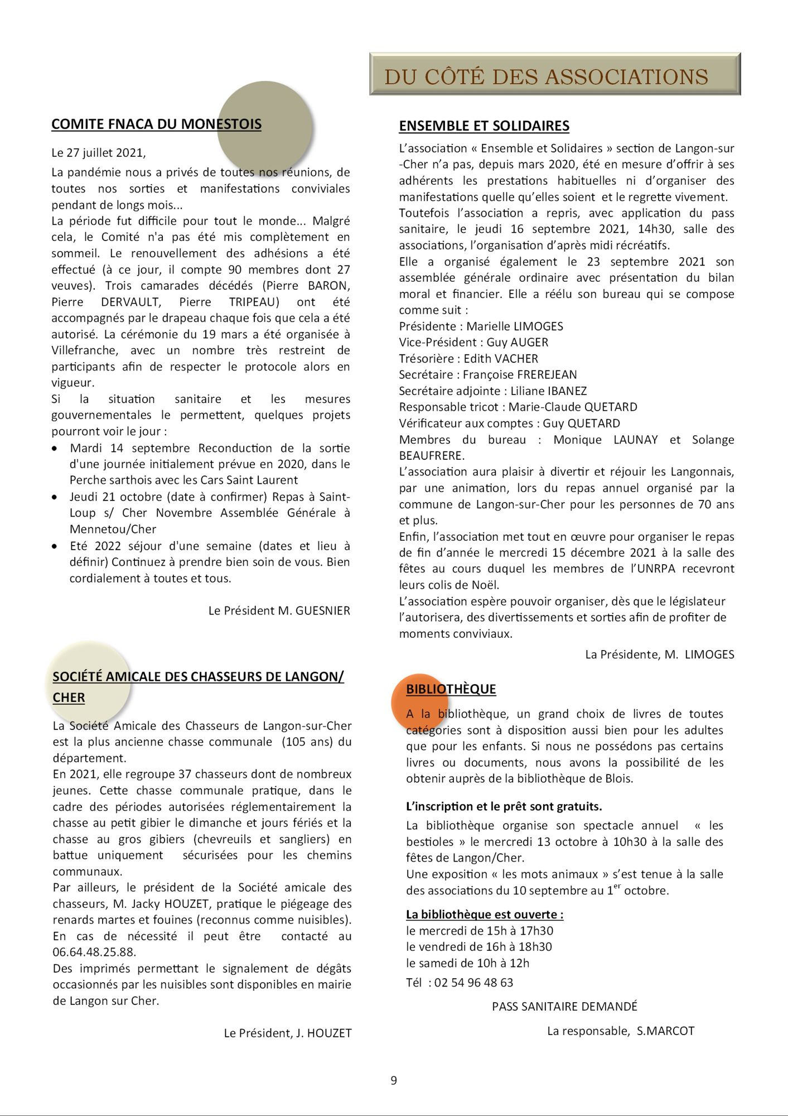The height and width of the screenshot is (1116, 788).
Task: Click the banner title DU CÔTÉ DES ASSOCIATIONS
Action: coord(546,76)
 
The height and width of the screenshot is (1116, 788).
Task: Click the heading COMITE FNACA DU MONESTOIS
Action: coord(156,124)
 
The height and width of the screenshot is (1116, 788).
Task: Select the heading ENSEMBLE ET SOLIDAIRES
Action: coord(484,126)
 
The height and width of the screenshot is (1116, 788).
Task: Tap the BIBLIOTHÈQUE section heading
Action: coord(451,689)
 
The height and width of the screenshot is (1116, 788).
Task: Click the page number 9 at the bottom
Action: coord(394,1081)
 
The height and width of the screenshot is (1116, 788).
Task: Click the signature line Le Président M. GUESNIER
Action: coord(279,610)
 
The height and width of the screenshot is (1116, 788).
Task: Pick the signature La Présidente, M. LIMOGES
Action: coord(659,655)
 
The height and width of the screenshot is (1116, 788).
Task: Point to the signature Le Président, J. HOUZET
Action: coord(288,1033)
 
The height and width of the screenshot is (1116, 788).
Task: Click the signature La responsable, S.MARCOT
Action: coord(621,1031)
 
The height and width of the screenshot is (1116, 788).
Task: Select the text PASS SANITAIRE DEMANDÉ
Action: coord(564,1007)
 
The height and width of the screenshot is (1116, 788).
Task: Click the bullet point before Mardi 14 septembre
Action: coord(54,449)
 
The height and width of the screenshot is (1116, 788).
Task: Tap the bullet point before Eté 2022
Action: coord(54,546)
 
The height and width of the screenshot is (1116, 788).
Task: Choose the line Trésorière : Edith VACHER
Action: coord(468,359)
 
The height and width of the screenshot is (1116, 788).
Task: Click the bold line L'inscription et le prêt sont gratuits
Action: coord(504,806)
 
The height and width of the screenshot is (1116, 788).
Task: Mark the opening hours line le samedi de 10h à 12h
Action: coord(467,963)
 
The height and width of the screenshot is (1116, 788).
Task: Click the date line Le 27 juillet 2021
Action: coord(99,152)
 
